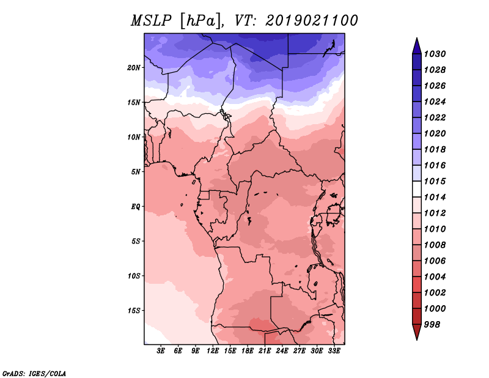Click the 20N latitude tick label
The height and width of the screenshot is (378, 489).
(x=134, y=68)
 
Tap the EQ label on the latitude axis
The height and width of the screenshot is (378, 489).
(x=136, y=207)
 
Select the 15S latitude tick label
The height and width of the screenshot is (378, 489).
(x=134, y=311)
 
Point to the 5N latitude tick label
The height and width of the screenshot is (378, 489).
(x=136, y=172)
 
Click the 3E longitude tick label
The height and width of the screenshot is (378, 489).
(x=161, y=351)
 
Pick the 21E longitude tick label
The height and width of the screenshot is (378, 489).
(x=265, y=351)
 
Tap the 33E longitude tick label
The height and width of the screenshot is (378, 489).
(x=334, y=351)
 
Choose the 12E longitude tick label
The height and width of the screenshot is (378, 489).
(x=213, y=351)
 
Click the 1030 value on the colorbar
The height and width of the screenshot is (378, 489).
(x=435, y=54)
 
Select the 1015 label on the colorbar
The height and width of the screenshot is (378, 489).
(x=435, y=181)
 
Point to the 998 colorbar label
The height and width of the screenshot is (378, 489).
(x=432, y=325)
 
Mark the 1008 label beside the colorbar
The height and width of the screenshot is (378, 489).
(x=435, y=245)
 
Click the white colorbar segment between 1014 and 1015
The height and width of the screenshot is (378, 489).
(x=417, y=189)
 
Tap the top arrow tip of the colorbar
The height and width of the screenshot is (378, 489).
(x=417, y=38)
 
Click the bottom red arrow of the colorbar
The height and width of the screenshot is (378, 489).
(x=417, y=332)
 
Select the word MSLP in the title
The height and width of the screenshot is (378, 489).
(x=151, y=21)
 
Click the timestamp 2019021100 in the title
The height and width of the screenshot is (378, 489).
(x=312, y=21)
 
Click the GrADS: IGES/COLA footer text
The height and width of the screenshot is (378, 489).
(x=34, y=374)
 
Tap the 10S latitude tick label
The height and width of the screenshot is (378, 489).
(x=134, y=276)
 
